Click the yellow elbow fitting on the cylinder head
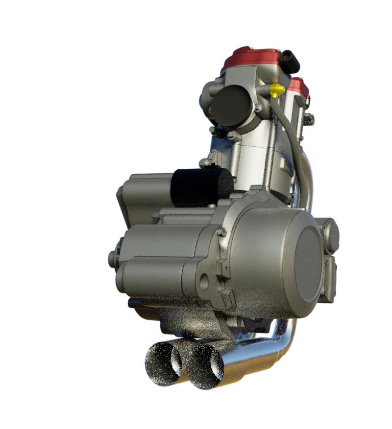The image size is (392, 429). tap(276, 90)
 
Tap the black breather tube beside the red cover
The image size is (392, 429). tap(290, 61)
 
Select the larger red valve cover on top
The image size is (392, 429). tap(252, 59)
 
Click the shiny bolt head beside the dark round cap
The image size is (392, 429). tap(258, 107)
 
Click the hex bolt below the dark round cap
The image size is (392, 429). tap(234, 135)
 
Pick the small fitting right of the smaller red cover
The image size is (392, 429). tap(309, 118)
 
